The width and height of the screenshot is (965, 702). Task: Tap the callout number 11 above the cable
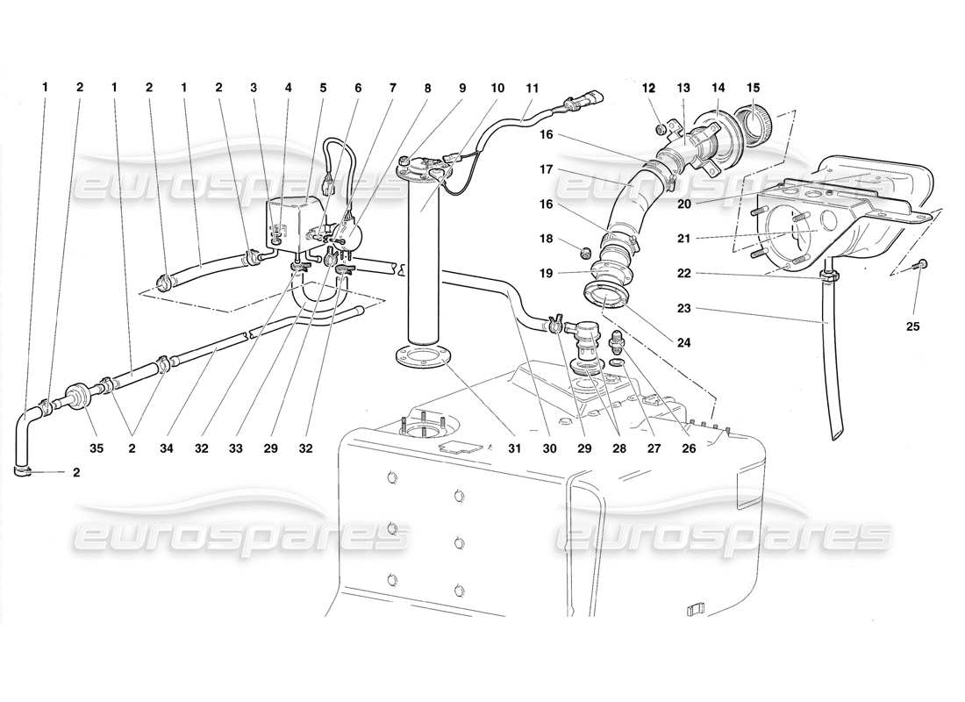point(532,88)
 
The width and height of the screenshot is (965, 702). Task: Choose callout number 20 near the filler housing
point(685,203)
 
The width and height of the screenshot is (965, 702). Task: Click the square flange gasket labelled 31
point(417,358)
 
